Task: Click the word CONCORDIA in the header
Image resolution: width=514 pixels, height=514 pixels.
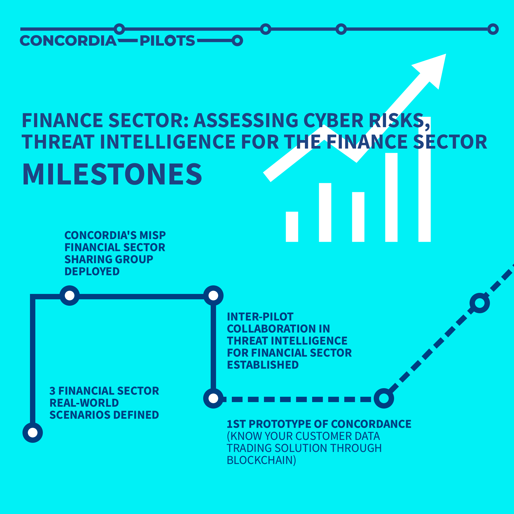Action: (68, 41)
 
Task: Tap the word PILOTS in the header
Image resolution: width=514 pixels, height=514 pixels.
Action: (168, 41)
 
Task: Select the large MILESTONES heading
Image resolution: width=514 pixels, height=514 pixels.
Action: (112, 174)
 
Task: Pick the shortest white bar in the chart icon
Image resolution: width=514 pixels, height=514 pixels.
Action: (292, 227)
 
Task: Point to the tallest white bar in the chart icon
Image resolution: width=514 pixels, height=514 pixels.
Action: (425, 179)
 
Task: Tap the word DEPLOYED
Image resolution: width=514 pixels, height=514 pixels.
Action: (92, 271)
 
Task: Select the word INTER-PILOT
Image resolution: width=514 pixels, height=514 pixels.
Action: (260, 317)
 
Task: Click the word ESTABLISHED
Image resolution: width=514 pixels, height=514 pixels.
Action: (263, 365)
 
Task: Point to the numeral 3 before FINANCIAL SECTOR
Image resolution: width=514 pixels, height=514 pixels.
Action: (52, 391)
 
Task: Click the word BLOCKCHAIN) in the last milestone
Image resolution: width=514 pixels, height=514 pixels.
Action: (261, 460)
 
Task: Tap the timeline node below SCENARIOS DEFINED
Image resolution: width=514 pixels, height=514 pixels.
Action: (33, 433)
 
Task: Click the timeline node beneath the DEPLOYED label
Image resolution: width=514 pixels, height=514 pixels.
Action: (70, 296)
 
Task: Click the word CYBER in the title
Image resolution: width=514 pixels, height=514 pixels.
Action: (334, 120)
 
